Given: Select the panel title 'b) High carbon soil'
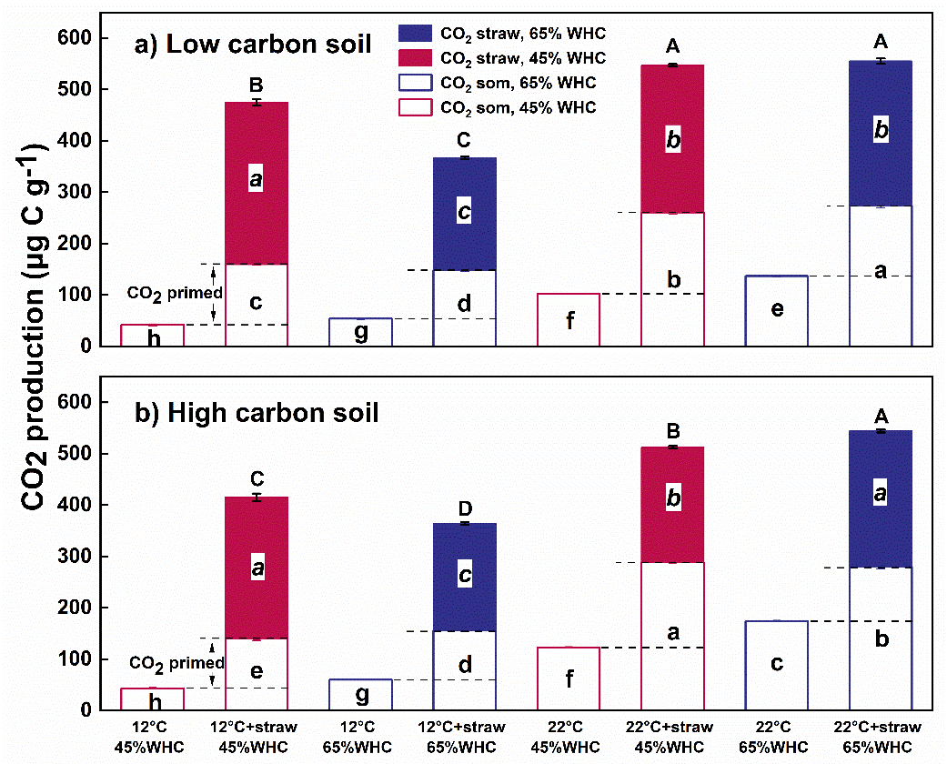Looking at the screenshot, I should pyautogui.click(x=257, y=413).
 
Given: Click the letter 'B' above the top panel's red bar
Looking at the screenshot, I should pyautogui.click(x=256, y=86).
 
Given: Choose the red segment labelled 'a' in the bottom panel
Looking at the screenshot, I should pyautogui.click(x=256, y=568).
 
